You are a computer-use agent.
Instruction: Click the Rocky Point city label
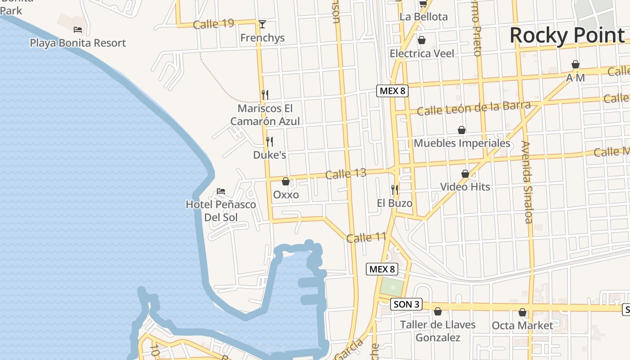(x=567, y=36)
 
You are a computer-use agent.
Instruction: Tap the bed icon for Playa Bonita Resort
(x=78, y=30)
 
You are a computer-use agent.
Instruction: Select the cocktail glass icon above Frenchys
(x=262, y=24)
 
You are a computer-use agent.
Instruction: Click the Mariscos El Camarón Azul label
(x=265, y=115)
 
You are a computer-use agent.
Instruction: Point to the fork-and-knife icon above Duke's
(x=270, y=142)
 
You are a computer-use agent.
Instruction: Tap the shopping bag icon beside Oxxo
(x=285, y=181)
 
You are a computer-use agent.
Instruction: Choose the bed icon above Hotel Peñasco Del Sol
(x=221, y=191)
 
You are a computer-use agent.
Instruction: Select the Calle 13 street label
(x=346, y=174)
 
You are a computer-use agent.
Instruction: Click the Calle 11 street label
(x=366, y=237)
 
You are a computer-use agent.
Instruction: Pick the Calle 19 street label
(x=213, y=23)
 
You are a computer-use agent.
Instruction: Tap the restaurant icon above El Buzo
(x=395, y=189)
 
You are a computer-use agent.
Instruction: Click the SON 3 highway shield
(x=406, y=304)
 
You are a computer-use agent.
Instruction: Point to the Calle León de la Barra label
(x=474, y=108)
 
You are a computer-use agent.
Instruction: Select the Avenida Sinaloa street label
(x=527, y=182)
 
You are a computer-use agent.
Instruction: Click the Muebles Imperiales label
(x=462, y=144)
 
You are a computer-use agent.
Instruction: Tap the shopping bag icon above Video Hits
(x=465, y=174)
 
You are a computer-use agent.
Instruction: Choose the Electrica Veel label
(x=422, y=54)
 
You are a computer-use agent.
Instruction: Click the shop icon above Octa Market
(x=522, y=312)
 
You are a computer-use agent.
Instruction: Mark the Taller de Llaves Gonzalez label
(x=437, y=331)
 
